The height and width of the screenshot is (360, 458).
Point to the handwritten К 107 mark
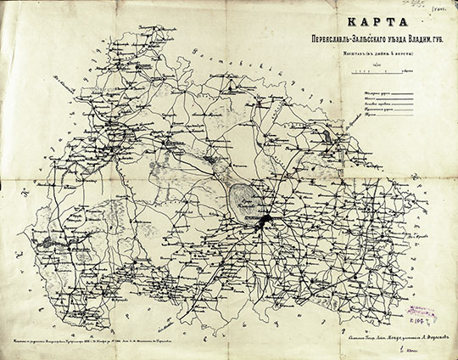(x=436, y=318)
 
